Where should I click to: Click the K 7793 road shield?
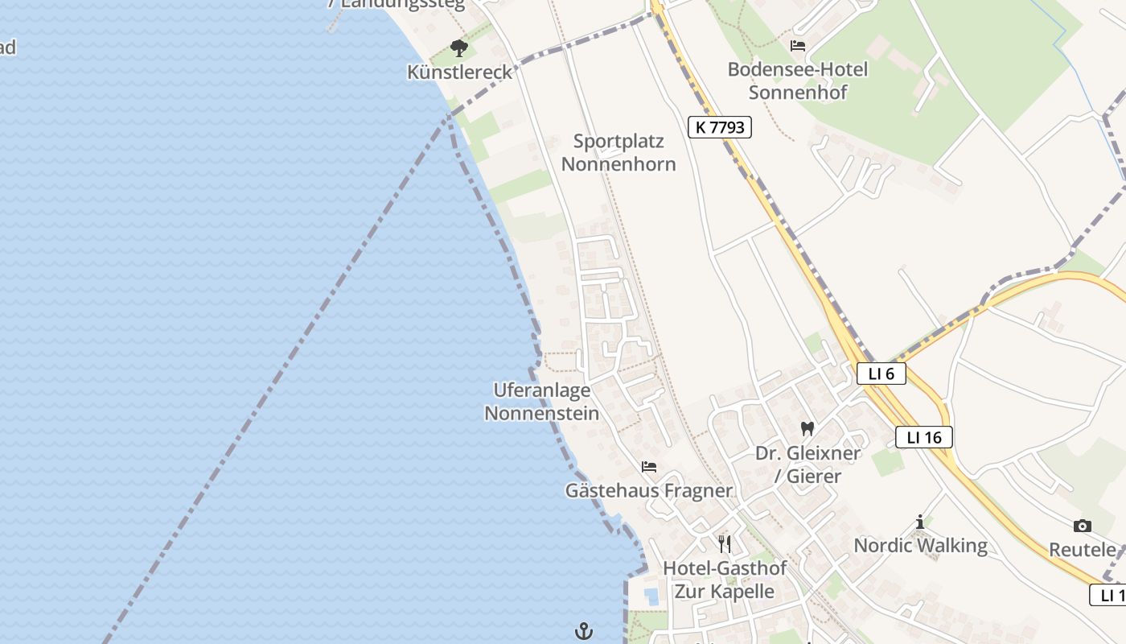[719, 126]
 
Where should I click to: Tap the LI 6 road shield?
[881, 374]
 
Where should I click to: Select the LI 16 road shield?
[923, 437]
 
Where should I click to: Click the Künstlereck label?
[459, 72]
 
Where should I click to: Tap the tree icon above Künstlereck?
[459, 48]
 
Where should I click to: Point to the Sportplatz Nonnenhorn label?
[618, 153]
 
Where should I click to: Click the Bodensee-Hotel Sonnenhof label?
[798, 80]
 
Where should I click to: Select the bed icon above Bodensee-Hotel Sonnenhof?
[798, 46]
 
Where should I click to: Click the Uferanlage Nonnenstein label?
[542, 402]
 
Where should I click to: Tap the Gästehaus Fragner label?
[649, 490]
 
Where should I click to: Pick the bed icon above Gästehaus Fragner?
[649, 467]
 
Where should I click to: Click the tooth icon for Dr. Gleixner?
[808, 429]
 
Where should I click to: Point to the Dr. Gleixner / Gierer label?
[808, 464]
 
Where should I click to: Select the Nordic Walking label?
[920, 545]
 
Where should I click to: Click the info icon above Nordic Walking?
[920, 522]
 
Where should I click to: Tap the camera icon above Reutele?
[1083, 526]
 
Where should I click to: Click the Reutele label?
[1083, 550]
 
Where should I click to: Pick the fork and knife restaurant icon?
[725, 544]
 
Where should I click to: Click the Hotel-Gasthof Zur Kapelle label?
[725, 580]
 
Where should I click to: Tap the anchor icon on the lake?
[584, 631]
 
